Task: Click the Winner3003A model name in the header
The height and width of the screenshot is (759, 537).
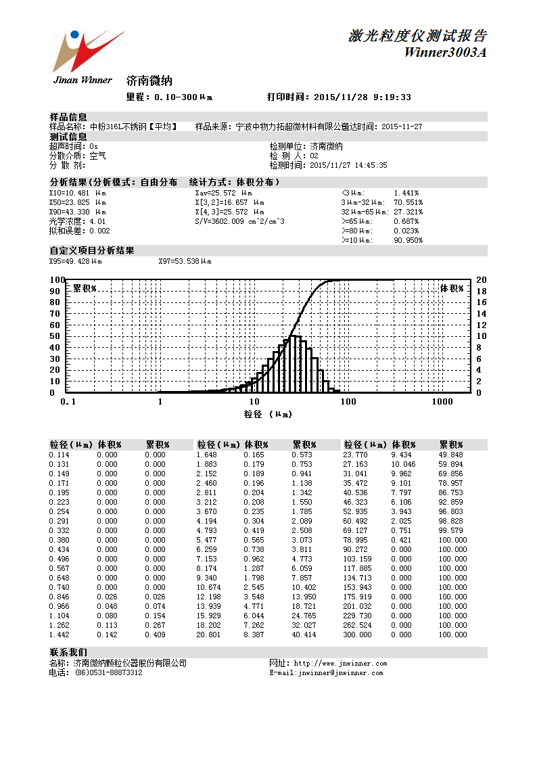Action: (x=445, y=53)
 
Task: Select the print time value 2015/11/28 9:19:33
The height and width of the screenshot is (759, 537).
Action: (x=363, y=97)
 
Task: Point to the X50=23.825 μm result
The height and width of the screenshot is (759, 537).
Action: (x=77, y=202)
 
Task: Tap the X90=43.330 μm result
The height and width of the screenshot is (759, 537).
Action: (x=77, y=212)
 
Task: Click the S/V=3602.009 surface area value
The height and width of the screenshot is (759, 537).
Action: (x=239, y=221)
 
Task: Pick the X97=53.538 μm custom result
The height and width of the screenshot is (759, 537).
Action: (x=184, y=260)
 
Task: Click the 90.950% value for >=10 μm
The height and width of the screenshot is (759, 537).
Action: (x=408, y=240)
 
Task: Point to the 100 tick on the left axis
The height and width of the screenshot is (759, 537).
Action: (x=57, y=280)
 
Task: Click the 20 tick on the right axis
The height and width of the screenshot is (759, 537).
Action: (x=482, y=280)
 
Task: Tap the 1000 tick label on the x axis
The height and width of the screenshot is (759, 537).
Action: (x=442, y=402)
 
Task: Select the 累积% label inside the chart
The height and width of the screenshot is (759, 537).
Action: (x=85, y=288)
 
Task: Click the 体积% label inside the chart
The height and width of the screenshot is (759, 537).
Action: (x=452, y=288)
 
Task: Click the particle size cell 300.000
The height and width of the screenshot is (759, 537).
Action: (x=358, y=635)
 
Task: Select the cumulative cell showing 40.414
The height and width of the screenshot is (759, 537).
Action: (x=304, y=635)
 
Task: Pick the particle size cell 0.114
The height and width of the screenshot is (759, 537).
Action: (x=59, y=455)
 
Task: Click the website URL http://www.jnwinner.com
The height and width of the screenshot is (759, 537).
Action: (x=340, y=664)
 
